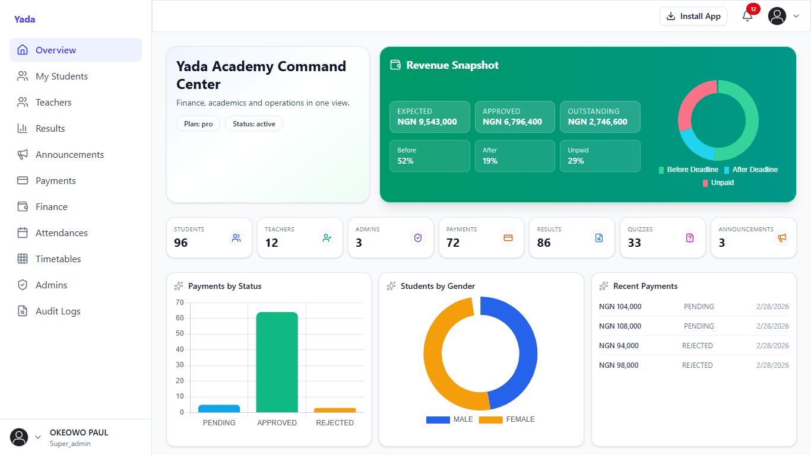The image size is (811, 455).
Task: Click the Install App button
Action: point(693,16)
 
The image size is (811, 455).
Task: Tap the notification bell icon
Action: point(747,16)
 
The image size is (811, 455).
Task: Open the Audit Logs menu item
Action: point(58,311)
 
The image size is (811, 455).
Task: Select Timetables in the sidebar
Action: point(58,259)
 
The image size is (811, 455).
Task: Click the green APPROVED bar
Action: point(277,362)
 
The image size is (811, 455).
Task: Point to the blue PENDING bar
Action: point(218,409)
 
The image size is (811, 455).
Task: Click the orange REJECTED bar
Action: point(335,410)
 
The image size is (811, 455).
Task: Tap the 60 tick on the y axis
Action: point(179,318)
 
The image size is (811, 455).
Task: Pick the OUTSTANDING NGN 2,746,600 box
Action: point(600,116)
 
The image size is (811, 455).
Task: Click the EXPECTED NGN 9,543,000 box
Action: point(429,116)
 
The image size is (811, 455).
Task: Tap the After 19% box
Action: point(515,156)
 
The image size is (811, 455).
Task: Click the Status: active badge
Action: point(254,124)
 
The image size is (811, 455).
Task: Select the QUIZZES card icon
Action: point(689,238)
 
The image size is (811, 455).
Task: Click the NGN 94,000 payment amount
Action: point(619,346)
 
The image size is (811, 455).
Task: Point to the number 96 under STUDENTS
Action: point(180,243)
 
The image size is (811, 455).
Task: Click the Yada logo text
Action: point(24,19)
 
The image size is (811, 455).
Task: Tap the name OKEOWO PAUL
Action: point(79,432)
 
